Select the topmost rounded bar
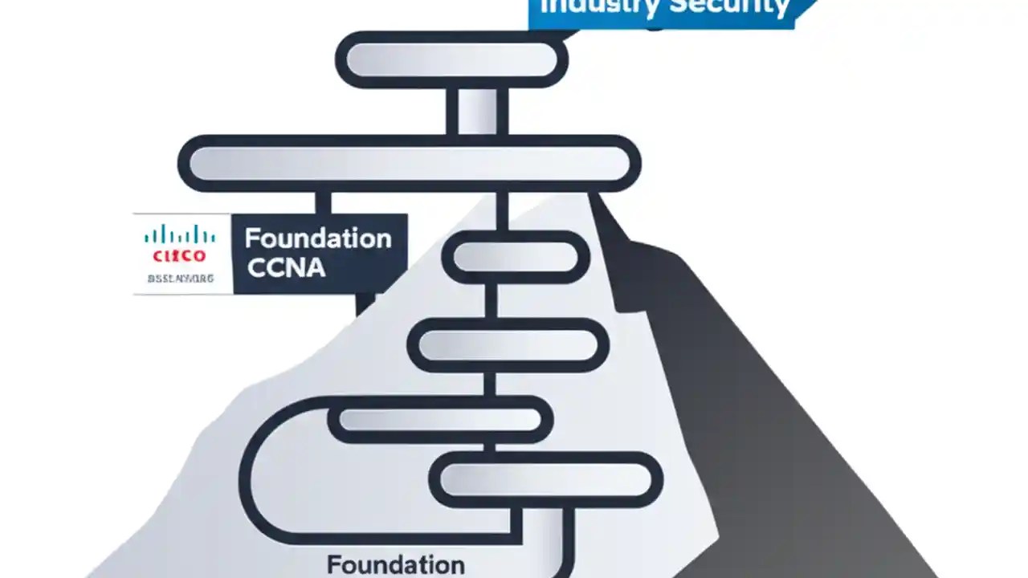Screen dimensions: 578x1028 pos(451,60)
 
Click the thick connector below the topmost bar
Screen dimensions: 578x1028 pos(477,111)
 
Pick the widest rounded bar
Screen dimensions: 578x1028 pos(409,164)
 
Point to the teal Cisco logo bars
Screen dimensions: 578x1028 pos(179,235)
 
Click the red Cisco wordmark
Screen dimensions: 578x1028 pos(179,256)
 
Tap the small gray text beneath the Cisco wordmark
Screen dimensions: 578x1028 pos(180,279)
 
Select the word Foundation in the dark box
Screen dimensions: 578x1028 pos(318,238)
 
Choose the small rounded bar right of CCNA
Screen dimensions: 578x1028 pos(516,257)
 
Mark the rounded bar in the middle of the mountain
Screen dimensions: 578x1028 pos(508,345)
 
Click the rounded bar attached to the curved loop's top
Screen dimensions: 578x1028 pos(440,419)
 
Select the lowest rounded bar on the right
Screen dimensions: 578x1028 pos(546,479)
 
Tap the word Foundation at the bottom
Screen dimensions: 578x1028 pos(395,564)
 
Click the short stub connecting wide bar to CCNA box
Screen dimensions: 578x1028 pos(324,202)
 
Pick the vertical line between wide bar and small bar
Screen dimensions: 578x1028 pos(502,210)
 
